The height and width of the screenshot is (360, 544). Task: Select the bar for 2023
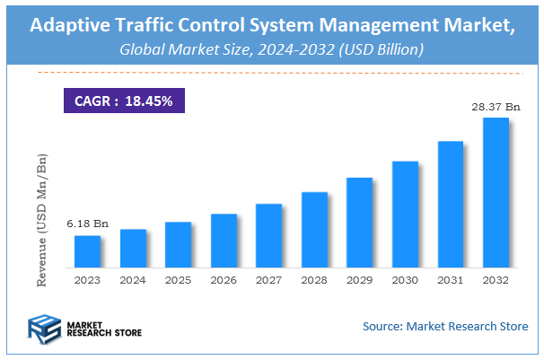(x=87, y=251)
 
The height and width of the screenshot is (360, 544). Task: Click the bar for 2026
(x=224, y=241)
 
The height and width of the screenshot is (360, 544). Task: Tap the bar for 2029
(x=359, y=223)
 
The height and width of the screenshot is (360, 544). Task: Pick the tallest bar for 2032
(x=496, y=193)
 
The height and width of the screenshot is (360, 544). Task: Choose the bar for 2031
(x=450, y=205)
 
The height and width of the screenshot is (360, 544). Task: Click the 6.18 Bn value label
(x=87, y=223)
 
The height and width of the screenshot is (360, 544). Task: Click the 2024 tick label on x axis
(x=133, y=280)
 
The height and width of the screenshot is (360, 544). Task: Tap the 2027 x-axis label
(x=268, y=280)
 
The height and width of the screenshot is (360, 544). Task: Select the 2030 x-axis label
(x=405, y=280)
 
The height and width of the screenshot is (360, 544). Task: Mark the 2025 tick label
(x=178, y=280)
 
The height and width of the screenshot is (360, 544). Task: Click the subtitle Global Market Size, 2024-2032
(x=271, y=49)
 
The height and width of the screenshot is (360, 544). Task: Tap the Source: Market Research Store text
(x=445, y=326)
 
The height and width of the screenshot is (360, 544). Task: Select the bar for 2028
(x=314, y=230)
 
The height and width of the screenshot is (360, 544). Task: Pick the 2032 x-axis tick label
(x=496, y=280)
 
